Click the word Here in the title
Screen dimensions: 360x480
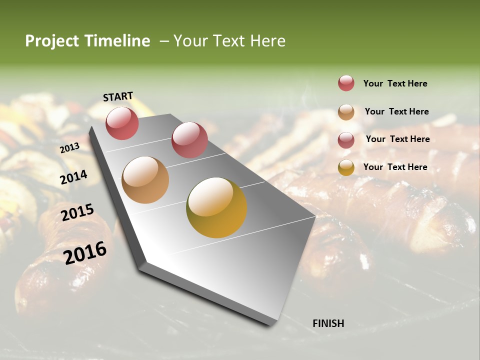(x=267, y=41)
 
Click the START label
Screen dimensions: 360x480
(x=118, y=96)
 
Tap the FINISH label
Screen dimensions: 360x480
(x=328, y=323)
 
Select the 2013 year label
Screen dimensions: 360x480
(x=69, y=147)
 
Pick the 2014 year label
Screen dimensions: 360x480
(x=73, y=177)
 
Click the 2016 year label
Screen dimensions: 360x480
(x=85, y=252)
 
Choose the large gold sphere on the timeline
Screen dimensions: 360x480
(x=216, y=207)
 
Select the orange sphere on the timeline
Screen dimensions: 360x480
(x=145, y=180)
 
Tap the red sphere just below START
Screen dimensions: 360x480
(x=122, y=123)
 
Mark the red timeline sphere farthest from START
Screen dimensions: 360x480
(x=189, y=140)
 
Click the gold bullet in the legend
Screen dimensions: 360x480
(x=346, y=167)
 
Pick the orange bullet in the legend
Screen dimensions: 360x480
(x=346, y=112)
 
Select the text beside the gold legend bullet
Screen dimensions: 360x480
(x=395, y=167)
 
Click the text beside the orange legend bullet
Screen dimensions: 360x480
(x=396, y=111)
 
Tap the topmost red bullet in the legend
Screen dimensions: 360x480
(x=346, y=83)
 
